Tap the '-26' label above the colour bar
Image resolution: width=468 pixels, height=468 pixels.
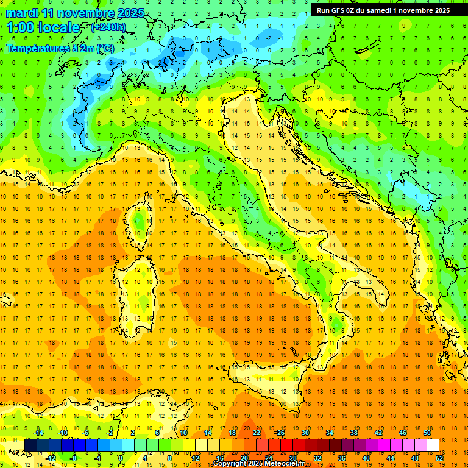pyautogui.click(x=280, y=433)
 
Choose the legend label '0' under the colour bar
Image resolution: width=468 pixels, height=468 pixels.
pyautogui.click(x=121, y=458)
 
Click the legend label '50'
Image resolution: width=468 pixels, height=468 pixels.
pyautogui.click(x=427, y=433)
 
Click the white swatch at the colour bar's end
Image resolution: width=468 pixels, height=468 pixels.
pyautogui.click(x=433, y=445)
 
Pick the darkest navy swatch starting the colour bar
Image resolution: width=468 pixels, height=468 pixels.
pyautogui.click(x=30, y=445)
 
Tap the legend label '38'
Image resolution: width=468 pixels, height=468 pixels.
pyautogui.click(x=353, y=433)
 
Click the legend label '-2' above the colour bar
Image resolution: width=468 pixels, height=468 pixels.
pyautogui.click(x=110, y=433)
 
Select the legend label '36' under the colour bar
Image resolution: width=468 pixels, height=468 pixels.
pyautogui.click(x=341, y=458)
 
